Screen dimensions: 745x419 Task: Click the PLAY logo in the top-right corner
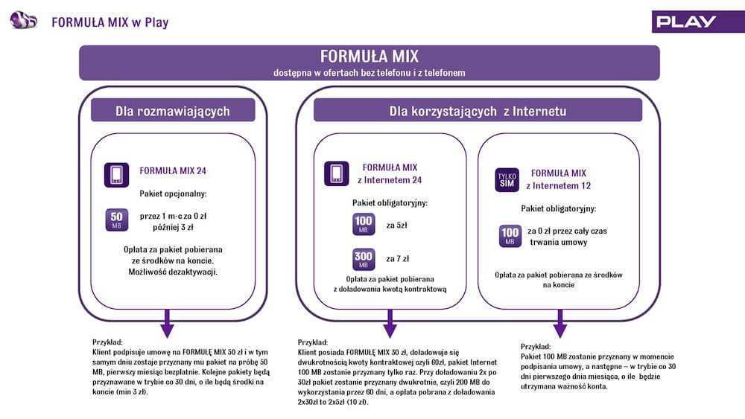pyautogui.click(x=686, y=22)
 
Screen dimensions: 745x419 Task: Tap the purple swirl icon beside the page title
pyautogui.click(x=23, y=20)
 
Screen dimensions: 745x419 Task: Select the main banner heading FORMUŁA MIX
pyautogui.click(x=370, y=57)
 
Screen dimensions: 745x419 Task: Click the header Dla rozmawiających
pyautogui.click(x=173, y=111)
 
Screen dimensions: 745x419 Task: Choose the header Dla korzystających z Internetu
pyautogui.click(x=478, y=111)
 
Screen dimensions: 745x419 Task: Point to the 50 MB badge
pyautogui.click(x=116, y=220)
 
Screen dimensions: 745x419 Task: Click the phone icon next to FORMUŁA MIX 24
pyautogui.click(x=116, y=175)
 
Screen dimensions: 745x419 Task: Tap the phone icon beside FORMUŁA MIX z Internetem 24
pyautogui.click(x=337, y=173)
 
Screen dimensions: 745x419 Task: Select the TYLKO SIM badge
pyautogui.click(x=507, y=180)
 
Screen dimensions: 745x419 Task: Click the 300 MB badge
pyautogui.click(x=364, y=259)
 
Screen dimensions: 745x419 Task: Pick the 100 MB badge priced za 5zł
pyautogui.click(x=364, y=224)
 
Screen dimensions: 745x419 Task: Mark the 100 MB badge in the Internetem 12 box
pyautogui.click(x=510, y=236)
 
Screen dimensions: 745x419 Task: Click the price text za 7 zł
pyautogui.click(x=397, y=258)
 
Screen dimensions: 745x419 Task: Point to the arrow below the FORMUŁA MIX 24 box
pyautogui.click(x=167, y=324)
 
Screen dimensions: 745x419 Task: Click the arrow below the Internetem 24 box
pyautogui.click(x=390, y=324)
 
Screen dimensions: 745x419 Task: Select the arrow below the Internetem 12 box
pyautogui.click(x=560, y=324)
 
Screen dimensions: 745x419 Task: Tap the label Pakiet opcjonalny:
pyautogui.click(x=173, y=193)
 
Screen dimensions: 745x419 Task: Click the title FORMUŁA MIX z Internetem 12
pyautogui.click(x=558, y=179)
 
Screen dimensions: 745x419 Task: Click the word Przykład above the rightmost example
pyautogui.click(x=536, y=346)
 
